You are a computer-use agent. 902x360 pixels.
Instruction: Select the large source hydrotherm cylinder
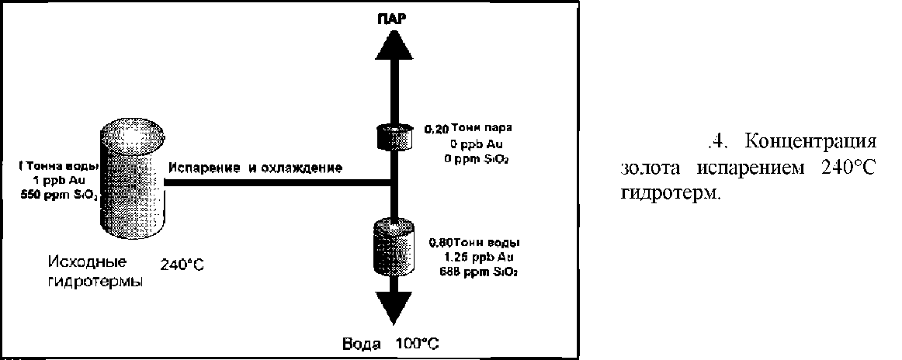[134, 180]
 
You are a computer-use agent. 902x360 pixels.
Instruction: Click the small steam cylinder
[392, 137]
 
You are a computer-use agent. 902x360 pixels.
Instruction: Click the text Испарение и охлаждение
[255, 168]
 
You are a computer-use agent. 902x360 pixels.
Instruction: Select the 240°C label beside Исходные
[182, 264]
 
